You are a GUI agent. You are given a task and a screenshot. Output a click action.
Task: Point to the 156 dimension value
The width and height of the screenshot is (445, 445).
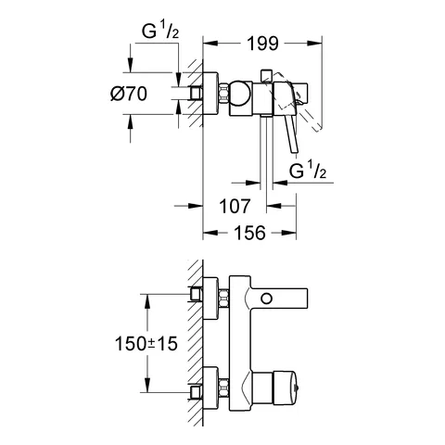coord(248,235)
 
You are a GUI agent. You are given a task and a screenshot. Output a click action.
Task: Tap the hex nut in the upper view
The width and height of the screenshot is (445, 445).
coord(224,94)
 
